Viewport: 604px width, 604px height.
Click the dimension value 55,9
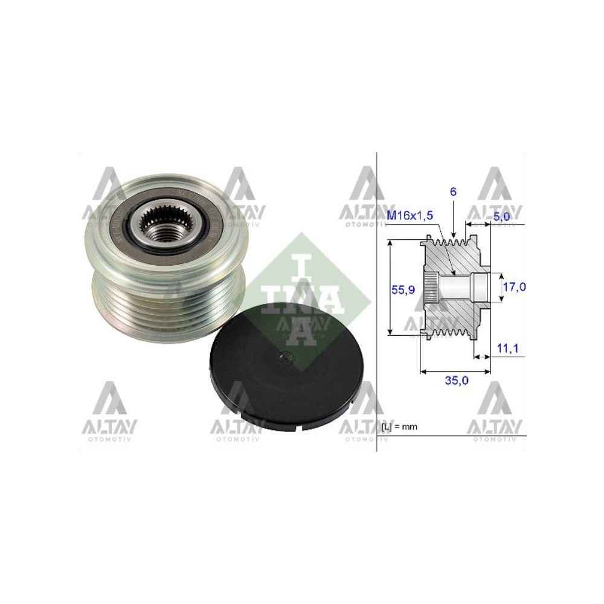[402, 290]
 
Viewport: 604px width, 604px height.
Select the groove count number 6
[453, 192]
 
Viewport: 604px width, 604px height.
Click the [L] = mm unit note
[400, 426]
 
